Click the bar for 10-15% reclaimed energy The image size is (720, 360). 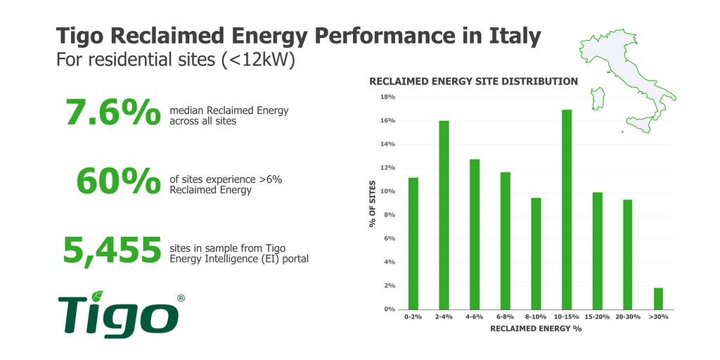(x=567, y=210)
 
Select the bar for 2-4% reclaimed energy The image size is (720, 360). (x=444, y=215)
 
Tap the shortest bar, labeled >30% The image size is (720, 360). (x=658, y=299)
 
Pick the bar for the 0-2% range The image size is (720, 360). (x=413, y=243)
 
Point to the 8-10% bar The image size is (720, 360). (x=536, y=253)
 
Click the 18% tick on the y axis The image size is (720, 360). (x=387, y=97)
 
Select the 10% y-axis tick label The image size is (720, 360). (x=387, y=191)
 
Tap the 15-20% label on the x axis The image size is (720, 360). (x=597, y=318)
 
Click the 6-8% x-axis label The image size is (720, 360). (x=505, y=318)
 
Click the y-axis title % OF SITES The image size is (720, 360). (x=373, y=205)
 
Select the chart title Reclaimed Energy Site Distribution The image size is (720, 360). (x=473, y=82)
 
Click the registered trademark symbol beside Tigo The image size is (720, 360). (x=181, y=298)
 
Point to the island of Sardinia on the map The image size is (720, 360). (x=600, y=98)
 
